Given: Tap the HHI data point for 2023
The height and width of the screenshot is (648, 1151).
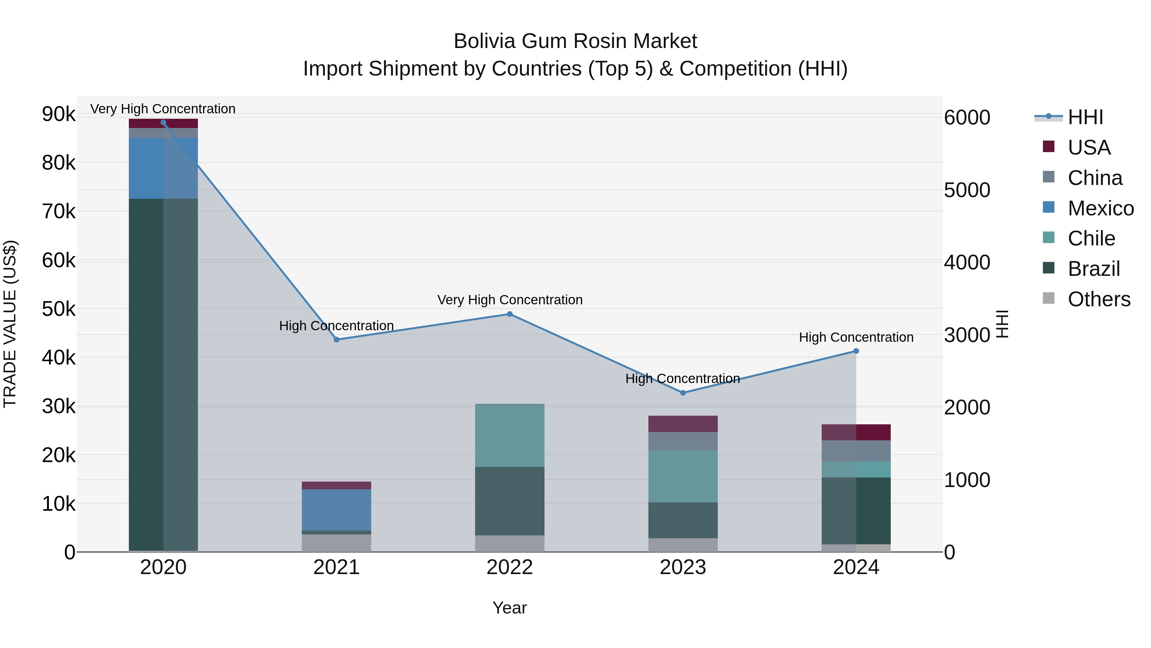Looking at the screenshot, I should [683, 393].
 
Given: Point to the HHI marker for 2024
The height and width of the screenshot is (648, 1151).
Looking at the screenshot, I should [856, 351].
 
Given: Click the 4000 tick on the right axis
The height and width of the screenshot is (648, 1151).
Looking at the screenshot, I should [967, 262].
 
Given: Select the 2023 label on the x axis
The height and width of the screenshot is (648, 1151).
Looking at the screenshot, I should [683, 567].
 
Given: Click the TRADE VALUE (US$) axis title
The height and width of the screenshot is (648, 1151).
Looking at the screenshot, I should [10, 324].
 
